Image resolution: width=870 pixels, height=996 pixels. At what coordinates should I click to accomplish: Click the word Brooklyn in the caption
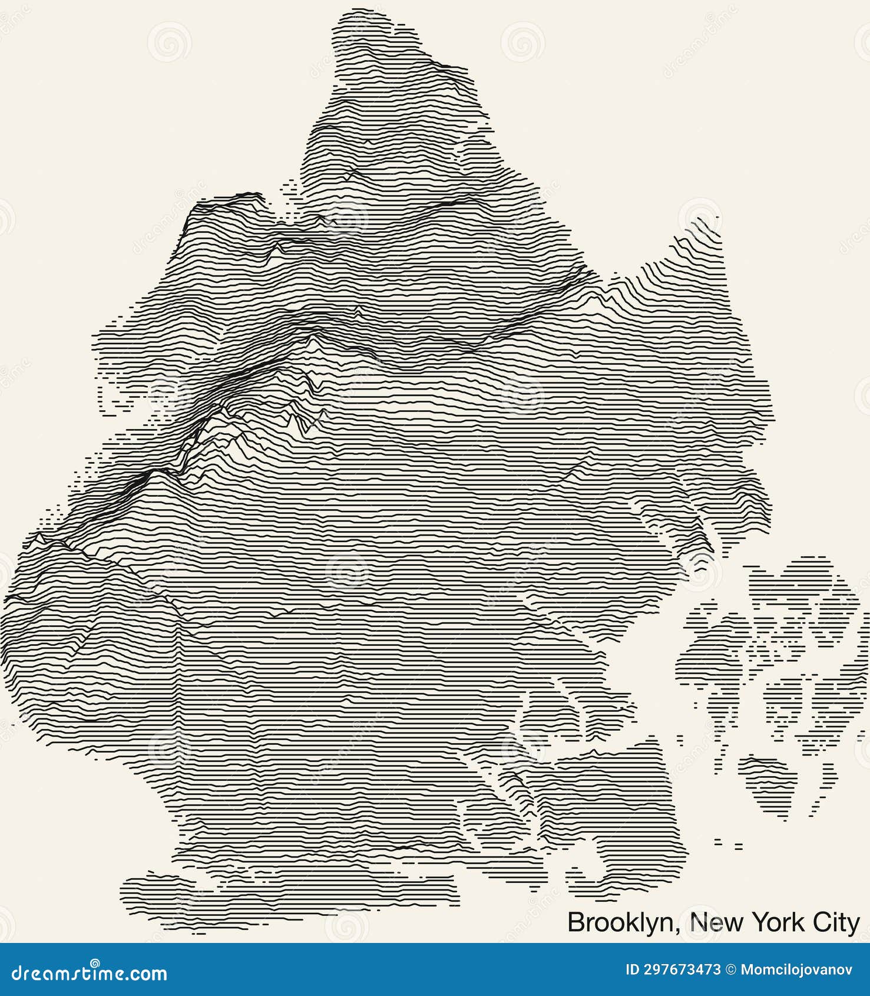(620, 922)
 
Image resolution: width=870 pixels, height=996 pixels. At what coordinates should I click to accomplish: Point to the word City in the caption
(836, 922)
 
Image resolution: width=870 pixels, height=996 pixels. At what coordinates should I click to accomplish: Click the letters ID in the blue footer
(632, 970)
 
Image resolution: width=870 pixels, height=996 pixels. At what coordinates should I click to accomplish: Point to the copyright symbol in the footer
(730, 970)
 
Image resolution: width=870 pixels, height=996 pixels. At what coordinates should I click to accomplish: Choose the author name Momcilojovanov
(796, 970)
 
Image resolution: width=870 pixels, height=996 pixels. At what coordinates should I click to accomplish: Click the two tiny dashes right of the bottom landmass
(728, 844)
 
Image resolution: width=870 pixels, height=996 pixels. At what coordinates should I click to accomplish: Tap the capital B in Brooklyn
(575, 922)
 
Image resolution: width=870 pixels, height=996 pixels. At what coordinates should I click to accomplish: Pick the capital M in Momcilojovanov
(746, 970)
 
